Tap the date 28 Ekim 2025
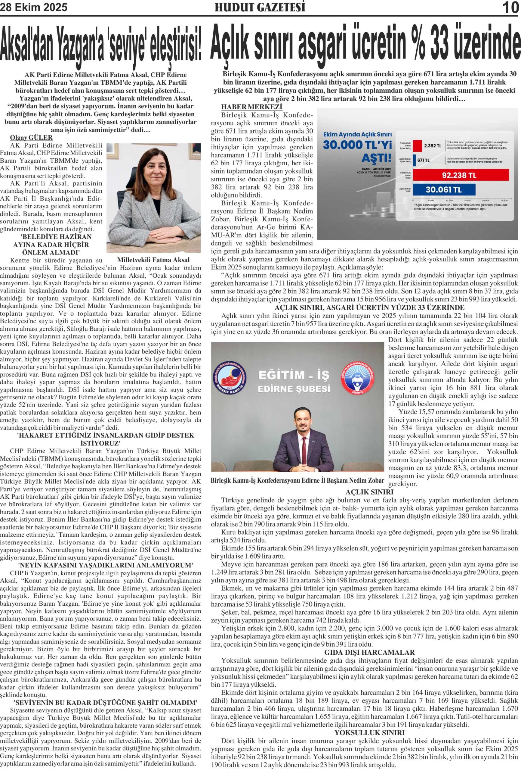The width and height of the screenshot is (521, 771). point(34,7)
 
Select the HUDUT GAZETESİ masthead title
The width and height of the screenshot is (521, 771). point(260,7)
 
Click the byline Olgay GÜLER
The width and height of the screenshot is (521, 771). point(32,138)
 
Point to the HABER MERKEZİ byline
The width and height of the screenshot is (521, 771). point(251,108)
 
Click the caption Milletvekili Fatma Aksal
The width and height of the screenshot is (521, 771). point(153,260)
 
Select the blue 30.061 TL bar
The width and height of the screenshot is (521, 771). point(444,190)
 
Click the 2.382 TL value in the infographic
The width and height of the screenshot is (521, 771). point(433,146)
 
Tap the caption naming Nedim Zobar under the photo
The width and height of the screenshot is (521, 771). point(297,480)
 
